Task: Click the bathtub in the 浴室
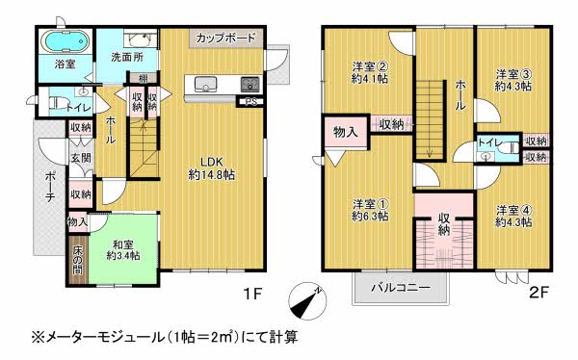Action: click(65, 41)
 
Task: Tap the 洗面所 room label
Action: click(127, 58)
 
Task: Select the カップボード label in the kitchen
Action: click(225, 38)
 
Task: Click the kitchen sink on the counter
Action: click(202, 84)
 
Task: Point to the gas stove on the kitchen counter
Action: click(250, 85)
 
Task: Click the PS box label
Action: click(251, 102)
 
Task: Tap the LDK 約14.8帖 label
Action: click(212, 168)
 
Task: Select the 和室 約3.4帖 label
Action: click(123, 250)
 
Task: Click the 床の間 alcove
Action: click(78, 260)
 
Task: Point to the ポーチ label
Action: click(50, 186)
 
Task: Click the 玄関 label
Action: click(81, 158)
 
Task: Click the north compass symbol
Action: click(307, 302)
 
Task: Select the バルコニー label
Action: click(401, 287)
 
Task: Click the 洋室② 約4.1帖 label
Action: click(369, 72)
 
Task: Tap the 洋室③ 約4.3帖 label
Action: click(513, 80)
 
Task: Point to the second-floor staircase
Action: click(430, 119)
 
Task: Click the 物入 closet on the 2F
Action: click(346, 132)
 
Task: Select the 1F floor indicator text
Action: click(252, 294)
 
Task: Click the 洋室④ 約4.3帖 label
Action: click(513, 217)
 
